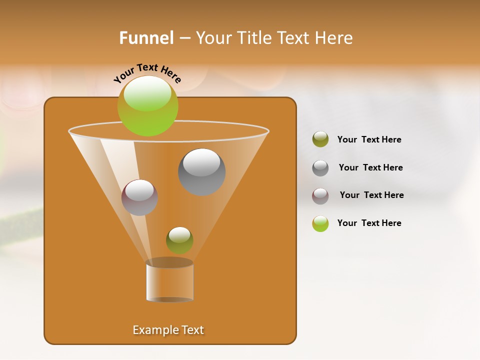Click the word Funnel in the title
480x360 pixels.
coord(146,37)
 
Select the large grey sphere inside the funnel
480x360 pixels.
coord(201,172)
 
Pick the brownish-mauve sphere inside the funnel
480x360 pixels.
coord(139,197)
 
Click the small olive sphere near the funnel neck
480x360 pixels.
coord(179,240)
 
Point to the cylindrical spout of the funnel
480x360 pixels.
coord(169,280)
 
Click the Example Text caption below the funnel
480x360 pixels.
coord(168,330)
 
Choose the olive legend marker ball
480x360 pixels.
coord(320,139)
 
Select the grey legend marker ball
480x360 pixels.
coord(320,168)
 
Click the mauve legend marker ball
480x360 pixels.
coord(320,195)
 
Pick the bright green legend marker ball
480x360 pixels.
coord(320,223)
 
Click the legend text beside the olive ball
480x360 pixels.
coord(369,139)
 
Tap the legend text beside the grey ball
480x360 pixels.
coord(370,167)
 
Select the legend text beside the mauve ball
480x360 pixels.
coord(371,195)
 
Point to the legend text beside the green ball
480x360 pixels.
coord(369,223)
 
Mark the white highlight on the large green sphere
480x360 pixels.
coord(147,93)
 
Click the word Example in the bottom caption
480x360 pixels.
coord(151,330)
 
